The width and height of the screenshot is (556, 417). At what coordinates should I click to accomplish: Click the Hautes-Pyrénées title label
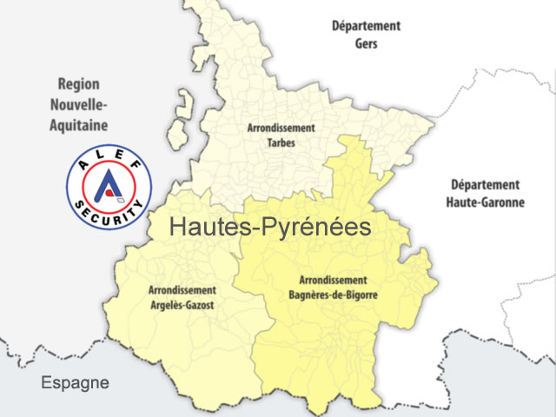(x=270, y=228)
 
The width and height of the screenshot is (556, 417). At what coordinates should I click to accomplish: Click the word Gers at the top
(x=366, y=43)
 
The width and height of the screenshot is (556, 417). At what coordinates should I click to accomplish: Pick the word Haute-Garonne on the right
(x=485, y=202)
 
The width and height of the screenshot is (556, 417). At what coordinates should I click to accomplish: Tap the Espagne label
(x=76, y=382)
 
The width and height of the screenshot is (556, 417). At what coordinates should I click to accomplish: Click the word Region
(x=78, y=84)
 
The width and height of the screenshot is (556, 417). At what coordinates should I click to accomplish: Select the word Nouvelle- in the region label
(x=78, y=104)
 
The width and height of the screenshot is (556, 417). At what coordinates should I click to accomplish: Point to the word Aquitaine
(x=78, y=123)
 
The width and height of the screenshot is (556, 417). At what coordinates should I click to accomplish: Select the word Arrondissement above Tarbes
(x=281, y=128)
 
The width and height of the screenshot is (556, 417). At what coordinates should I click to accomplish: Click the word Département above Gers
(x=366, y=26)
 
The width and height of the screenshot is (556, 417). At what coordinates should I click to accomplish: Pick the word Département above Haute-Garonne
(x=485, y=184)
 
